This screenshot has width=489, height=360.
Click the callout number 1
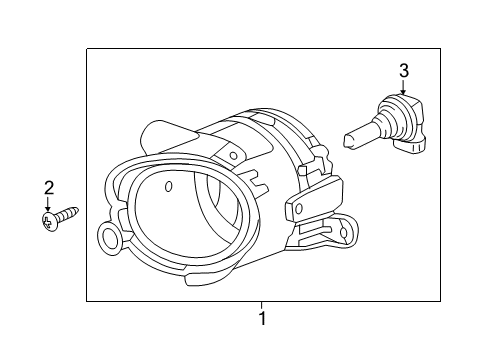click(262, 320)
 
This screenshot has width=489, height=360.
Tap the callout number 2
click(47, 188)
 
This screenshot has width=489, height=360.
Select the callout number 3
click(403, 70)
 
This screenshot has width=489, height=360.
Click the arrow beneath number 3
click(403, 88)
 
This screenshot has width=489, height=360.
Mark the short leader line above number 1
click(262, 305)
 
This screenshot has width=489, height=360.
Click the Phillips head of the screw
click(47, 220)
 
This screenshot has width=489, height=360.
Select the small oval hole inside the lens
click(168, 187)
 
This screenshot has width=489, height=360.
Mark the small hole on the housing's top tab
click(233, 155)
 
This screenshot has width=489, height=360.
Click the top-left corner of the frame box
click(87, 49)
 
